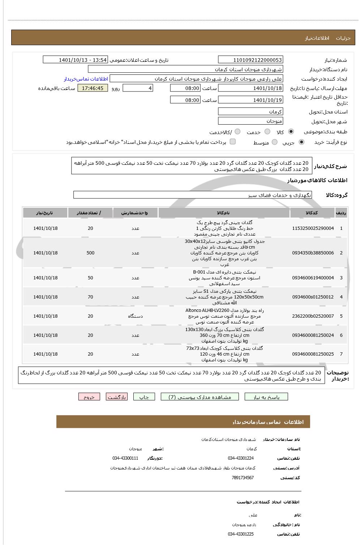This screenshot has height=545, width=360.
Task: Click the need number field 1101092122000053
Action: (250, 60)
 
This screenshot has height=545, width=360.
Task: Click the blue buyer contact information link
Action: (86, 79)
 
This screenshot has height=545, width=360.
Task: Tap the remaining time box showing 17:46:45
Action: (93, 88)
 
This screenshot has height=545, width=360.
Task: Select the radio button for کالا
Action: (291, 132)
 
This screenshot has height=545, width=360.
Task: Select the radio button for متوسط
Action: (275, 142)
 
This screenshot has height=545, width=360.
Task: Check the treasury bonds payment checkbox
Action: (233, 142)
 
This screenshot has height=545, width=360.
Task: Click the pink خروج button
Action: (89, 397)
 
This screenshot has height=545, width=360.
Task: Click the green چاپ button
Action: (144, 397)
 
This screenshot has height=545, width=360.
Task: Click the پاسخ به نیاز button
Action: (266, 397)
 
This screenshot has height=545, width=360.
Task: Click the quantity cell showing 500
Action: (90, 253)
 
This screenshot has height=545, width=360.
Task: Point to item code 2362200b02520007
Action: (313, 316)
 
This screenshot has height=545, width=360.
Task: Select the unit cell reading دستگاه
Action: (135, 316)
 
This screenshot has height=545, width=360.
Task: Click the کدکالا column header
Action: (312, 213)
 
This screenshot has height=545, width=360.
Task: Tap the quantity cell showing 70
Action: (90, 297)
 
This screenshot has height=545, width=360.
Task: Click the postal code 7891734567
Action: (243, 478)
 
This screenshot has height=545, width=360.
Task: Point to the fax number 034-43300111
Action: (125, 458)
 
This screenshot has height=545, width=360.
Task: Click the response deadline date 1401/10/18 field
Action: (250, 88)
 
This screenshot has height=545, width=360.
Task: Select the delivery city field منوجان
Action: (250, 121)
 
